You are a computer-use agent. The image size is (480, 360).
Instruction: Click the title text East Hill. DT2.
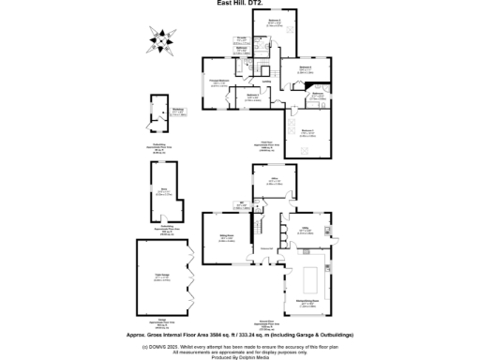pos(239,4)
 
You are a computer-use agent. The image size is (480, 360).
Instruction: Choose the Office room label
pos(276,181)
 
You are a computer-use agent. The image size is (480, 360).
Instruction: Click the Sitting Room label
pos(226,239)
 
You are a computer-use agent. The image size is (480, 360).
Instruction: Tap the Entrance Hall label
pos(266,247)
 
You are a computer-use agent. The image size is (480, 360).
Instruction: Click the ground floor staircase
pos(255,226)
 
